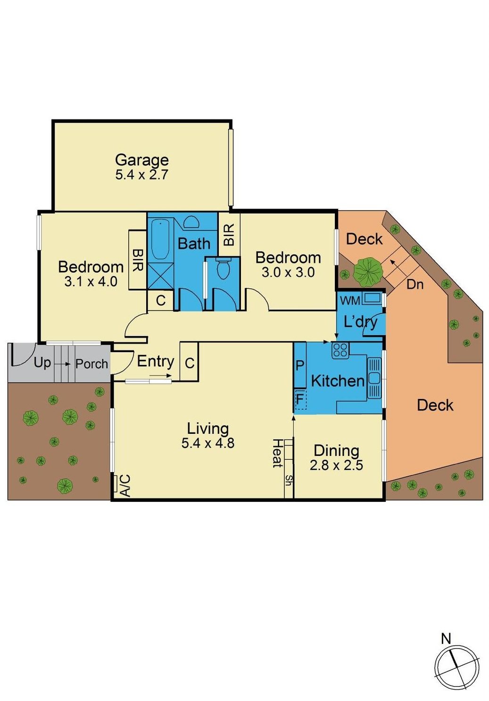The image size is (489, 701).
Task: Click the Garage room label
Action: point(141,160)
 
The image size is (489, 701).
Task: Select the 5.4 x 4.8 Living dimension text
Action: point(207,443)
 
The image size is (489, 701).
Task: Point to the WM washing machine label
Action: point(350,301)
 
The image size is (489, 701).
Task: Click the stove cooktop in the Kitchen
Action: point(340,350)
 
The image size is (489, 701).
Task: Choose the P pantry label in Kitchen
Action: point(299,365)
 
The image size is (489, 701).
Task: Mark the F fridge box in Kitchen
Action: point(300,399)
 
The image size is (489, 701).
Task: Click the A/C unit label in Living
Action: point(125,485)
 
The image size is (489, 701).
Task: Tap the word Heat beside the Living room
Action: point(277,453)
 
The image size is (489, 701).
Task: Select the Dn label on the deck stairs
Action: point(415,285)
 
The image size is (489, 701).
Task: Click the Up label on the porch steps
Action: point(42,363)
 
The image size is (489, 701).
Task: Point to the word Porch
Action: point(91,364)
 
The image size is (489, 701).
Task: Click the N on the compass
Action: point(446,638)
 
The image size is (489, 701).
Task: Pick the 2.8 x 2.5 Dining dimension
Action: point(336,465)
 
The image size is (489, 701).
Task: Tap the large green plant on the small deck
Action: point(367,271)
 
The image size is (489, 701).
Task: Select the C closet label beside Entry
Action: point(190,363)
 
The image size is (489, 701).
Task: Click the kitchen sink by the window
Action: point(374,378)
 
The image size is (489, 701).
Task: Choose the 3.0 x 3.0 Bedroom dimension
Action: point(288,272)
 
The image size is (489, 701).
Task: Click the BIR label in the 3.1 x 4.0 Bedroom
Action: point(137,260)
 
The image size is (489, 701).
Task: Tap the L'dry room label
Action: point(360,321)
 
